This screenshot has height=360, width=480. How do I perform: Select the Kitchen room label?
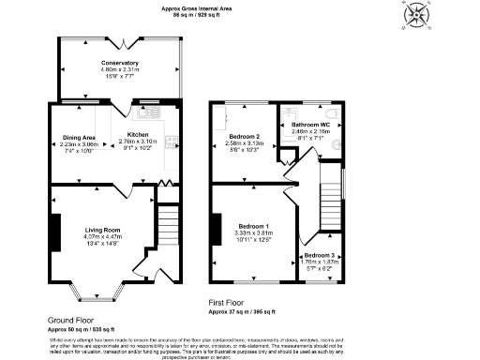[138, 135]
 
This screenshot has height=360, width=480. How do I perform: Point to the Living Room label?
[103, 231]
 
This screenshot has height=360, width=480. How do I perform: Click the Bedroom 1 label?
[253, 227]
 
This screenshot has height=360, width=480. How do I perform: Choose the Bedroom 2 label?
[246, 138]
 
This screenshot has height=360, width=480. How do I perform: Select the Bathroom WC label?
[310, 125]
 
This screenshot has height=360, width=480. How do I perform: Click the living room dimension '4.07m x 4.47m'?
[103, 237]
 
